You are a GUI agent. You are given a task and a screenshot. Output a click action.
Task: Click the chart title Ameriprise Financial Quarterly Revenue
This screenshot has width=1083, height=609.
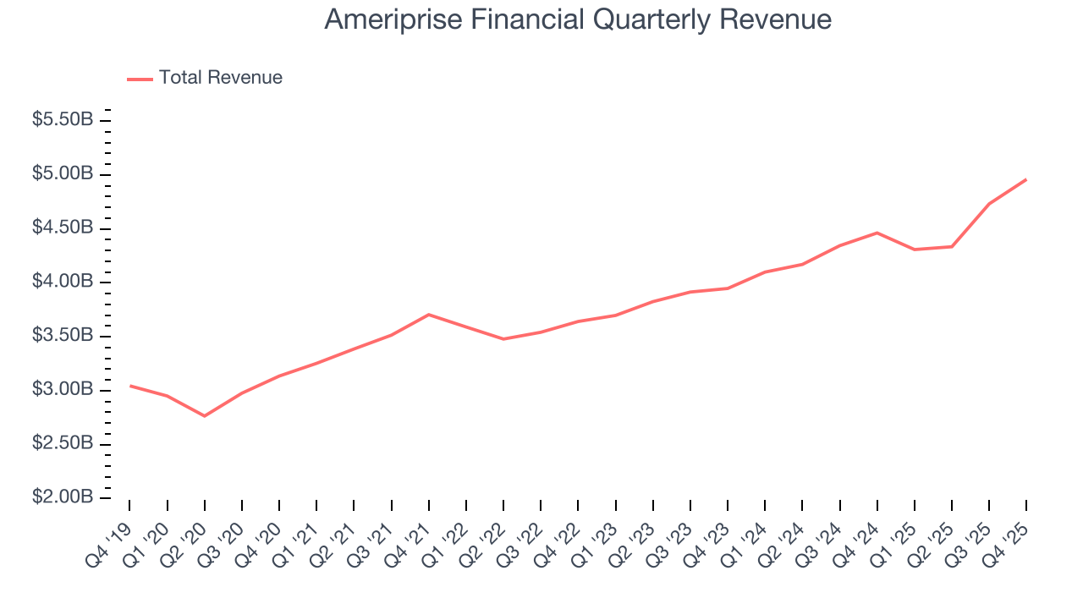(578, 19)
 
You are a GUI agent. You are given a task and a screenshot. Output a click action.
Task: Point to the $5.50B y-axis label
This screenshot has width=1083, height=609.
(63, 120)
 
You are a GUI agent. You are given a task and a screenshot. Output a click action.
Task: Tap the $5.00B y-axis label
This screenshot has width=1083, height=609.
(63, 174)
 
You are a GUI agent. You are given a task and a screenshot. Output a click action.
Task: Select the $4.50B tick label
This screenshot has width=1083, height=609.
(63, 228)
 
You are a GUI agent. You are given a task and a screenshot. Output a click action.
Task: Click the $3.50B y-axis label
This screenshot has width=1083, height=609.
(63, 336)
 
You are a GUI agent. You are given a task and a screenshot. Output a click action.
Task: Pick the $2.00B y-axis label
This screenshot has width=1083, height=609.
(63, 497)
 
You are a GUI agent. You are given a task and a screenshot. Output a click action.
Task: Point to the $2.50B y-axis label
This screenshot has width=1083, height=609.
(63, 443)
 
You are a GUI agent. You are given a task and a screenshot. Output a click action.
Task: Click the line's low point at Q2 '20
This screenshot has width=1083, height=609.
(205, 415)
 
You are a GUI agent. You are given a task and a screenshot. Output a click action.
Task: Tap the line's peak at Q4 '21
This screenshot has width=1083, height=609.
(429, 315)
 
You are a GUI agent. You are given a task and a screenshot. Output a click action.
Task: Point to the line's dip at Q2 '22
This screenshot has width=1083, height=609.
(503, 339)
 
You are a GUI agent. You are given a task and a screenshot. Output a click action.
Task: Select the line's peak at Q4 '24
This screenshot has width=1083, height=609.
(877, 233)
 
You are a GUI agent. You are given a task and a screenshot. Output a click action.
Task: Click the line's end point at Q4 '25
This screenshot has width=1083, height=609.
(1026, 179)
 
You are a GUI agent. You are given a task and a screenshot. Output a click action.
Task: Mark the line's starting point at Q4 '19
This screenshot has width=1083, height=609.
(129, 386)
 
